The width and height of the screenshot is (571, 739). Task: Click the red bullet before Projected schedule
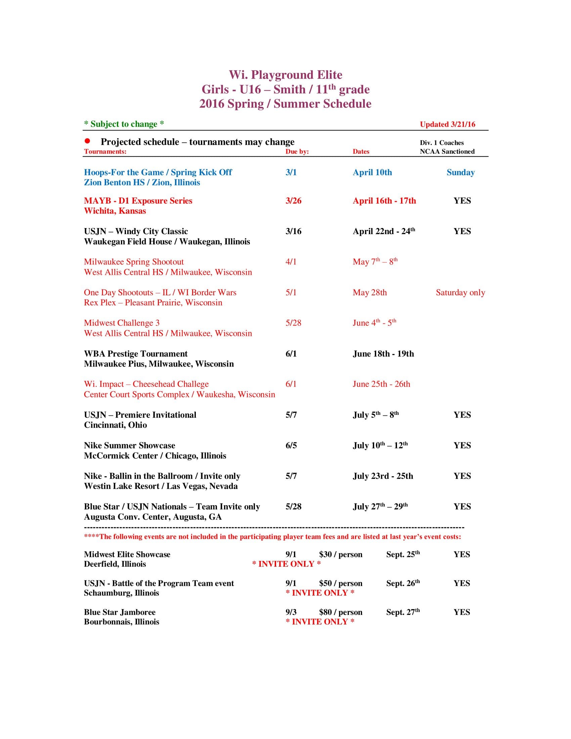click(87, 141)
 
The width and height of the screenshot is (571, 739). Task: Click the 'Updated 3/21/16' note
click(447, 124)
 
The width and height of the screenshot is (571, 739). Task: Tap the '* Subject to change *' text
click(124, 124)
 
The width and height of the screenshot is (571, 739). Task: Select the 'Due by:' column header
click(297, 151)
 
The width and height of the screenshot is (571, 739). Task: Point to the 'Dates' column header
click(361, 151)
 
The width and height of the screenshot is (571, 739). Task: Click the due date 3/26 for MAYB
click(293, 201)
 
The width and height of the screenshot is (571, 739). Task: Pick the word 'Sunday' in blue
click(460, 172)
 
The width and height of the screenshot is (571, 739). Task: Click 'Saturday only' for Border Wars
click(460, 292)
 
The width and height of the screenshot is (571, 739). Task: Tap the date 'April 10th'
click(372, 172)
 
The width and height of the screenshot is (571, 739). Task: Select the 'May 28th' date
click(369, 292)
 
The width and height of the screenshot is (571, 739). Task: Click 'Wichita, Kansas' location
click(115, 211)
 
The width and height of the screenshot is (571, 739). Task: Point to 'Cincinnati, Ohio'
click(115, 425)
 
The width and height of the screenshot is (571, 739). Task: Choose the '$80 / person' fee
click(340, 612)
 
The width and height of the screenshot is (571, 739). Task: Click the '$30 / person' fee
click(340, 554)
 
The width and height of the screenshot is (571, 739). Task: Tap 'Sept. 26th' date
click(402, 583)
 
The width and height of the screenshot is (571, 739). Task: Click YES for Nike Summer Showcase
click(462, 445)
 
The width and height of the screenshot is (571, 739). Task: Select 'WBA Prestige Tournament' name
click(135, 354)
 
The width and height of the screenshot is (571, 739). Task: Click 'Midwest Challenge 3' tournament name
click(122, 323)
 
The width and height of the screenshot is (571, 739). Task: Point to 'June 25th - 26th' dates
click(381, 384)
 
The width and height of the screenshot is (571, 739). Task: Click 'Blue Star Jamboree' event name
click(120, 612)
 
